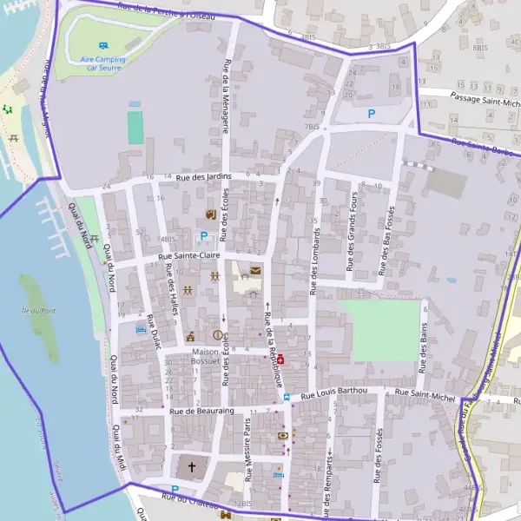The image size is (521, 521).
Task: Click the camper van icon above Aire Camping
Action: (x=103, y=45)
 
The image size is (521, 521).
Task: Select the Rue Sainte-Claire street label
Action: (x=189, y=257)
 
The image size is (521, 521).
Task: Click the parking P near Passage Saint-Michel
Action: (x=372, y=113)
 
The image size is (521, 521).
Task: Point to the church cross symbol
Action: (x=191, y=468)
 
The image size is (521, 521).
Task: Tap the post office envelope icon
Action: (x=255, y=271)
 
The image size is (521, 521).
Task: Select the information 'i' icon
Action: (x=216, y=335)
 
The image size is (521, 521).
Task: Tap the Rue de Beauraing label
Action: (x=202, y=411)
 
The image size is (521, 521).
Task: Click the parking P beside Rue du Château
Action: (x=175, y=490)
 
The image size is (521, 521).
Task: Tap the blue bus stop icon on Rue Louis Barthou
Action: (x=287, y=397)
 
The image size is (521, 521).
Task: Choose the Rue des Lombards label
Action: (x=316, y=260)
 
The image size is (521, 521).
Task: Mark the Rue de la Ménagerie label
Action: (x=227, y=96)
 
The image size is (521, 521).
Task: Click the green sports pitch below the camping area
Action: (x=135, y=127)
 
